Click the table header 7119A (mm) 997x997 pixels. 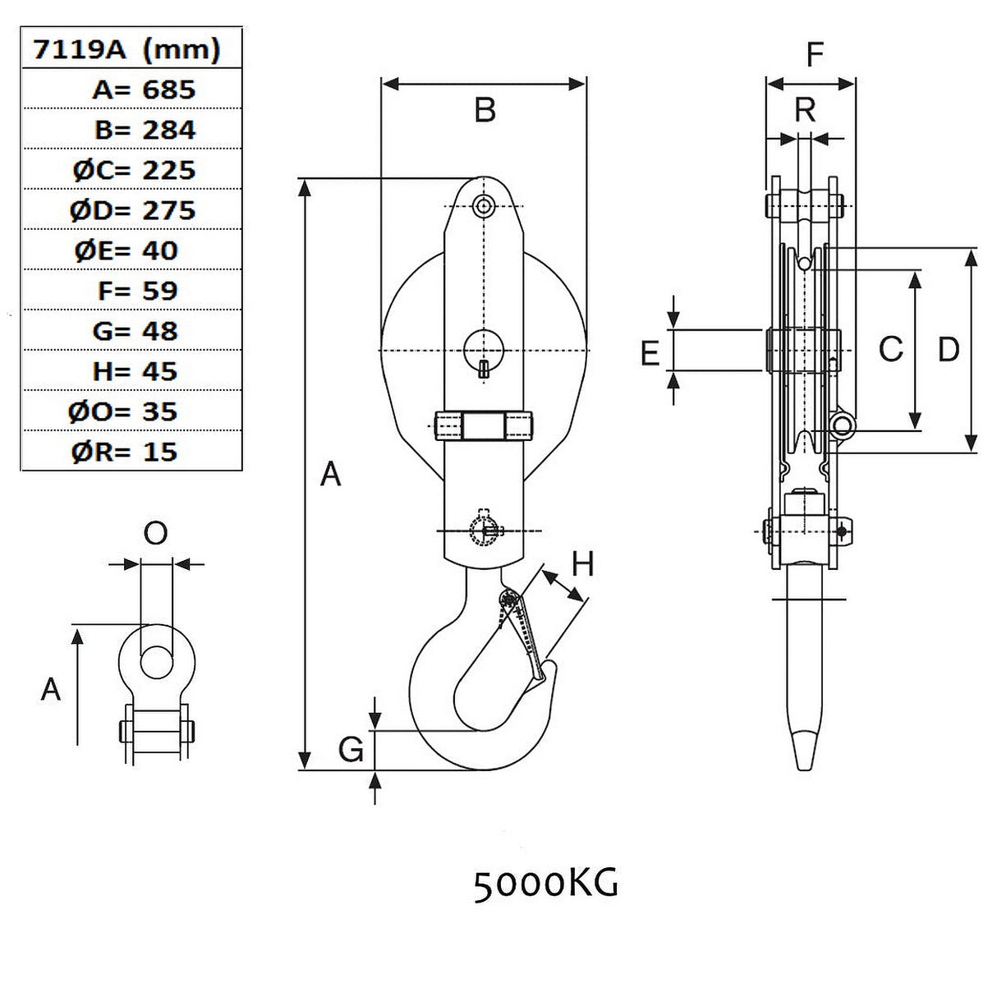tap(126, 50)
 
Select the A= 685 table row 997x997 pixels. tap(144, 89)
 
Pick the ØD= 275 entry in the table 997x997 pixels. tap(133, 210)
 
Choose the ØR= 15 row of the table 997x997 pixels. tap(125, 452)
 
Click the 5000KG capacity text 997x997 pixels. tap(545, 884)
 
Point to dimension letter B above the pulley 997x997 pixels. tap(485, 110)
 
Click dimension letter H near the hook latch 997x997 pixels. tap(582, 564)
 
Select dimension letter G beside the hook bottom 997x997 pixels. tap(351, 749)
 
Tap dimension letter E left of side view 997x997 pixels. tap(650, 354)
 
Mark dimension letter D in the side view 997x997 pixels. tap(948, 350)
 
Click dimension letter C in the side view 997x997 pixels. tap(890, 350)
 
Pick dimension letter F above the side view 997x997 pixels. tap(814, 55)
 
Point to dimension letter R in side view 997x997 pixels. tap(805, 109)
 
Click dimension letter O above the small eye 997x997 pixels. tap(155, 534)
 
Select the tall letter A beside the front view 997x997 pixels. tap(330, 474)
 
